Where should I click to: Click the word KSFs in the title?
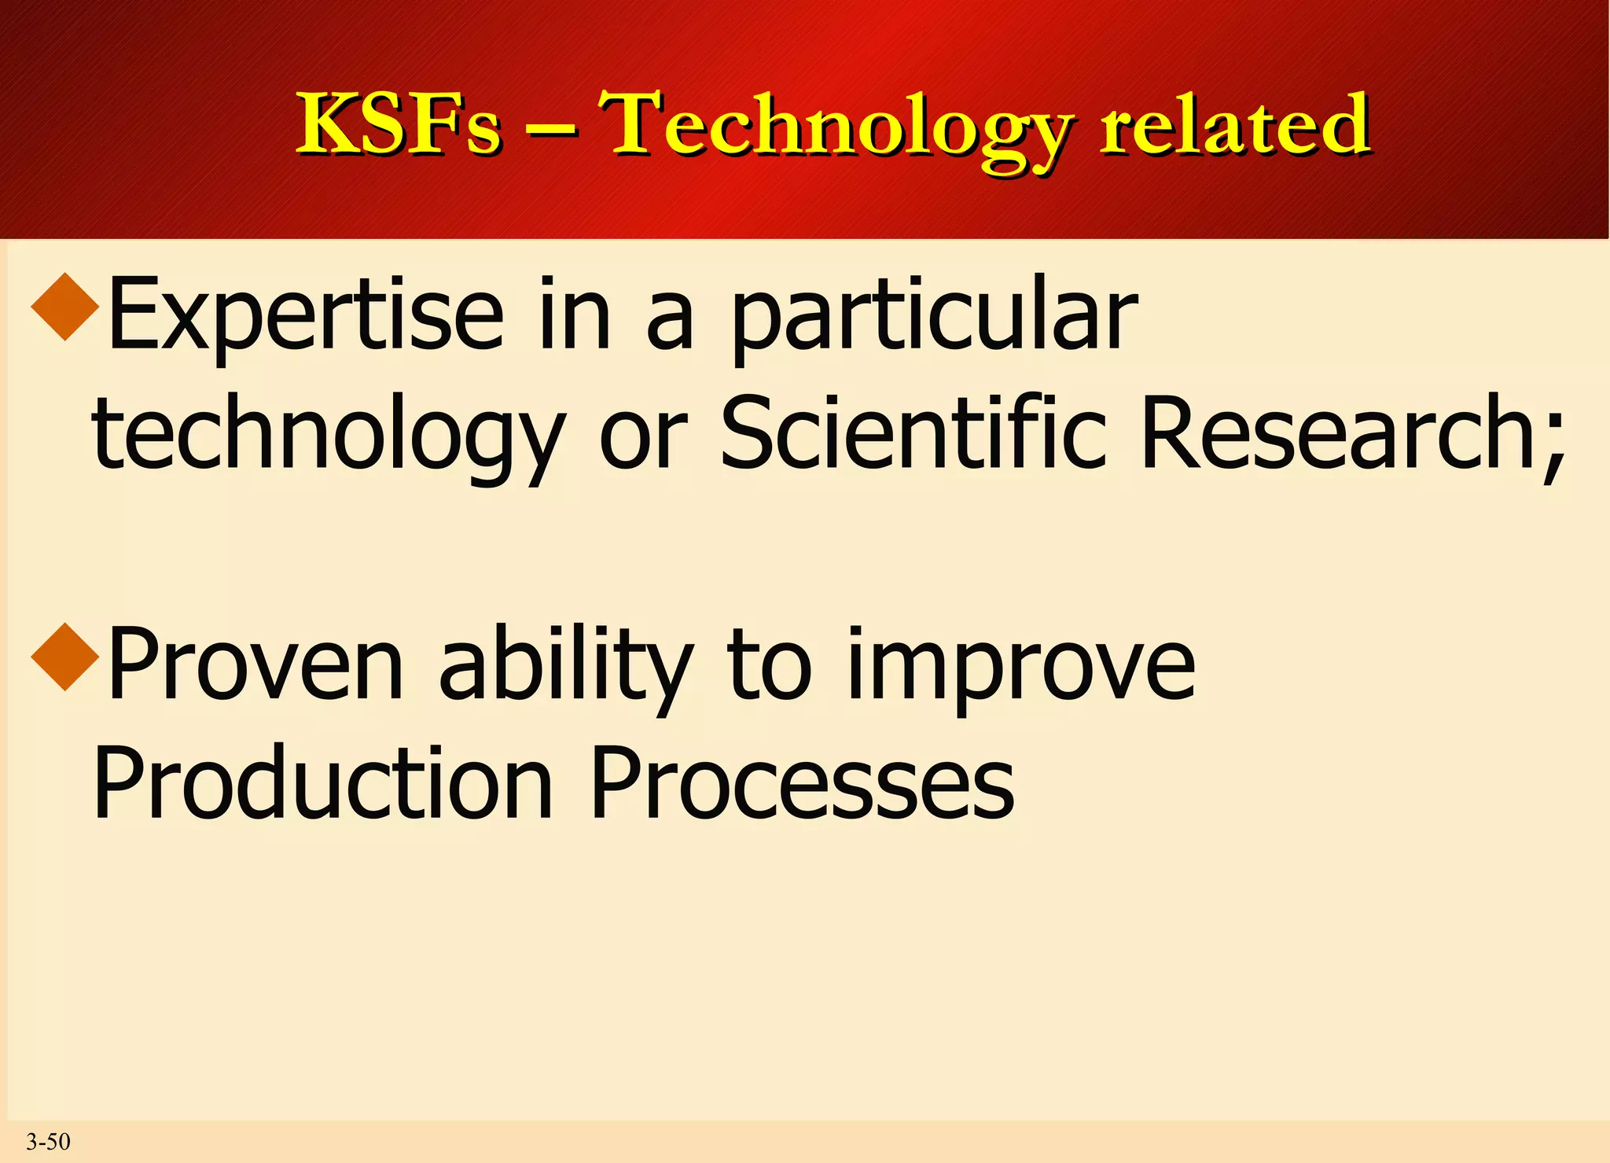click(x=398, y=124)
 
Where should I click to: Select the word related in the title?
click(x=1235, y=124)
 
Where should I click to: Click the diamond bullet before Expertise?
click(x=65, y=306)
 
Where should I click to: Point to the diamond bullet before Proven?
click(x=65, y=657)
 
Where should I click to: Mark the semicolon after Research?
click(x=1553, y=444)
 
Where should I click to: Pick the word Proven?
click(x=255, y=664)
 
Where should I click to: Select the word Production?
click(x=323, y=782)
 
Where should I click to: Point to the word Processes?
click(x=802, y=782)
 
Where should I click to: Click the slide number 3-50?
click(x=48, y=1141)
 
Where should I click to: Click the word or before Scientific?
click(x=643, y=435)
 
